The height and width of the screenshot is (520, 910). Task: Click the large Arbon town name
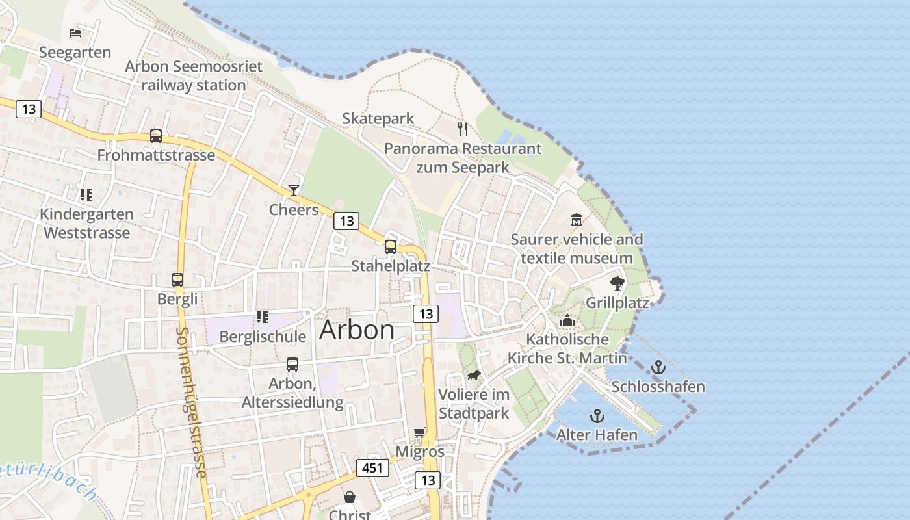point(357,330)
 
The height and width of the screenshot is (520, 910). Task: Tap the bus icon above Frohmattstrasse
point(156,135)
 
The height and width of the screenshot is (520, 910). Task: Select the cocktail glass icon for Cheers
point(294,190)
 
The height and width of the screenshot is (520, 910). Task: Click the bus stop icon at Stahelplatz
point(390,246)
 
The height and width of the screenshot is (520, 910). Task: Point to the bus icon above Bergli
point(177,279)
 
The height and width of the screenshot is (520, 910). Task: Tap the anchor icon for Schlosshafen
point(658,367)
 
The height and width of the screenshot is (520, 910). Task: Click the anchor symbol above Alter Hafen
point(597,416)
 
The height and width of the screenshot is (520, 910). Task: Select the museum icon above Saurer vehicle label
point(576,220)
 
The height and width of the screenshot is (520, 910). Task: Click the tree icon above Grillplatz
point(617,283)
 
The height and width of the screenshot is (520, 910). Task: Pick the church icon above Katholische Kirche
point(567,320)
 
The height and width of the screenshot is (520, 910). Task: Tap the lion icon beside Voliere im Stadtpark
point(474,376)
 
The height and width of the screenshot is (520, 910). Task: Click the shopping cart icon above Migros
point(420,432)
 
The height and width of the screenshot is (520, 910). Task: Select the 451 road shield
point(372,467)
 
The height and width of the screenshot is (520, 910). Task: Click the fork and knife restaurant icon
point(462,129)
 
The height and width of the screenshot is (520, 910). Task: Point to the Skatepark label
point(378,118)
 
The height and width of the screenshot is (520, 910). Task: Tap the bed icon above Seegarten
point(75,32)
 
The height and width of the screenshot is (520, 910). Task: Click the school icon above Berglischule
point(263,317)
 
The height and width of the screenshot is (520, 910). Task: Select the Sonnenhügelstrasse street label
point(191,403)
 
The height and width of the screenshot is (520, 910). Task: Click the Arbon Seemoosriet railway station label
point(194,75)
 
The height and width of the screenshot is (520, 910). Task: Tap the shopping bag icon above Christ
point(350,497)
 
